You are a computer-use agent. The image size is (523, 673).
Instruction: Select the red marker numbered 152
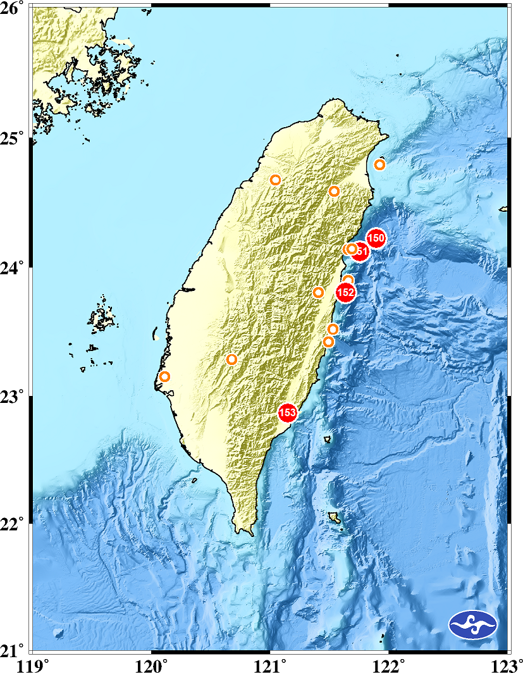pyautogui.click(x=345, y=292)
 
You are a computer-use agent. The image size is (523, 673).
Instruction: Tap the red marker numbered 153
pyautogui.click(x=288, y=413)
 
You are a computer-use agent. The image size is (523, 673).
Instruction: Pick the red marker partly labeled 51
pyautogui.click(x=360, y=252)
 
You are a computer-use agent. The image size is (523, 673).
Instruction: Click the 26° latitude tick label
pyautogui.click(x=12, y=9)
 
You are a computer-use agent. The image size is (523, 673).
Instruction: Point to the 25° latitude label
pyautogui.click(x=12, y=138)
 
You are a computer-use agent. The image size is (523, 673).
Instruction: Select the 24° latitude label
pyautogui.click(x=12, y=268)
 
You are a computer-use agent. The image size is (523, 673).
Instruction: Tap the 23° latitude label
pyautogui.click(x=12, y=397)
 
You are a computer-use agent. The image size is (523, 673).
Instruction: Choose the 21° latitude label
pyautogui.click(x=12, y=651)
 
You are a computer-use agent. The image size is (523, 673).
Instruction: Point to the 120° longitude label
pyautogui.click(x=152, y=664)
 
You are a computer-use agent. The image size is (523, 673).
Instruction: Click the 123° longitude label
pyautogui.click(x=506, y=664)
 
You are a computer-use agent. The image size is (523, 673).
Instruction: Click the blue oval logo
pyautogui.click(x=473, y=625)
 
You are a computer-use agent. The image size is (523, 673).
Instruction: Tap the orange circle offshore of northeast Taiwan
pyautogui.click(x=380, y=165)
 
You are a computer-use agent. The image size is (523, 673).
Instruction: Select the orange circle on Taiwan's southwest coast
pyautogui.click(x=164, y=377)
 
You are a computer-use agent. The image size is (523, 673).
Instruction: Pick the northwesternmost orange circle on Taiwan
pyautogui.click(x=275, y=180)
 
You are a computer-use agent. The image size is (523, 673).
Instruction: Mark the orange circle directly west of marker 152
pyautogui.click(x=319, y=292)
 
